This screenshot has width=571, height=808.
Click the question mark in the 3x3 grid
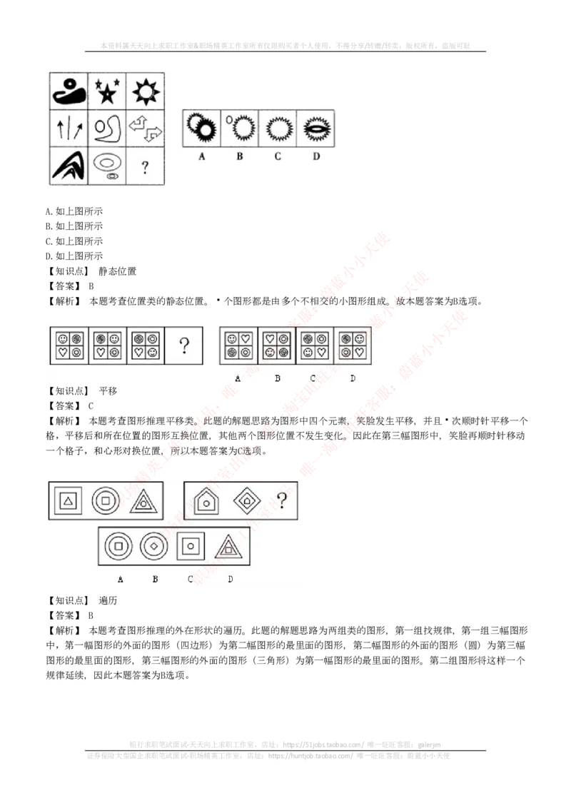(145, 168)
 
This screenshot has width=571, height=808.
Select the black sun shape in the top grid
(146, 90)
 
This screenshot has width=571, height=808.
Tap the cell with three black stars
(107, 91)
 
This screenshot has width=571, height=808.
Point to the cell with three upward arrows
(69, 128)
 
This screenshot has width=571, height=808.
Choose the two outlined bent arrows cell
(146, 128)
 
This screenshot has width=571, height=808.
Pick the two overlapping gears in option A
(201, 128)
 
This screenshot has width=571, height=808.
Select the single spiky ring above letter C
(277, 128)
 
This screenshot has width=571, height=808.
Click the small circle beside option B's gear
(230, 120)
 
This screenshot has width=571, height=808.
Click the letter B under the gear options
(239, 156)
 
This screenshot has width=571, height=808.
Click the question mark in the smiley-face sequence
(184, 347)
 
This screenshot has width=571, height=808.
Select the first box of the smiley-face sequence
(69, 345)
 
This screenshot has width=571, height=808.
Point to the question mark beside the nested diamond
(283, 501)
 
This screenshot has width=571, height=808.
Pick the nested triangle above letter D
(229, 547)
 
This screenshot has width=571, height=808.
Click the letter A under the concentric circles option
(120, 579)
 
